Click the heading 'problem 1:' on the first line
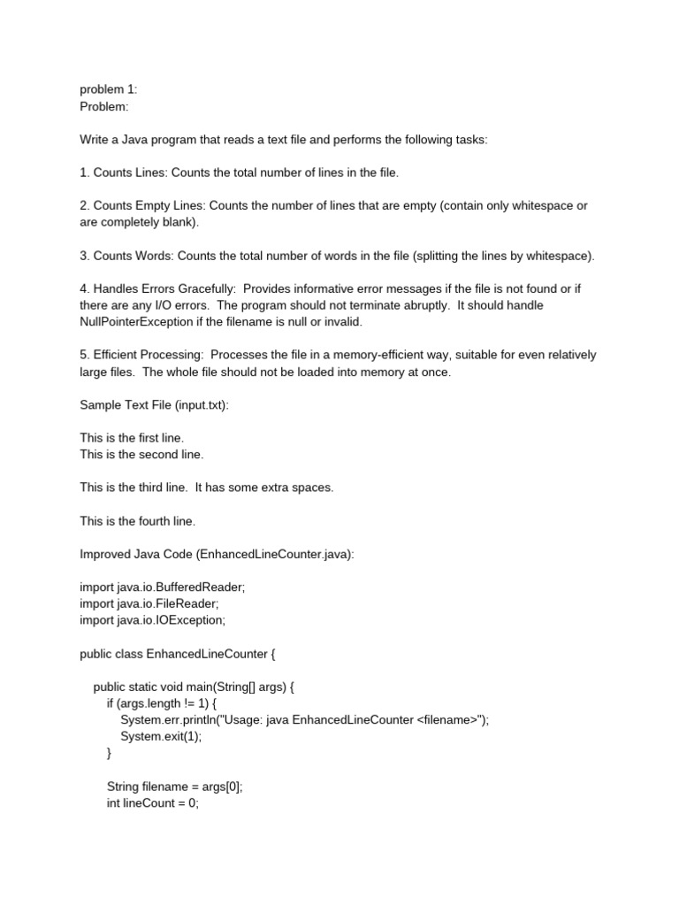pyautogui.click(x=109, y=89)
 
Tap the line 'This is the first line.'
pyautogui.click(x=132, y=438)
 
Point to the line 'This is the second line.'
pyautogui.click(x=141, y=454)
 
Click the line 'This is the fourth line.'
pyautogui.click(x=137, y=521)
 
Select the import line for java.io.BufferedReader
pyautogui.click(x=162, y=587)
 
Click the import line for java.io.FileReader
pyautogui.click(x=149, y=603)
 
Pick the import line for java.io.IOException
pyautogui.click(x=152, y=620)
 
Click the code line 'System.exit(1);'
pyautogui.click(x=161, y=736)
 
